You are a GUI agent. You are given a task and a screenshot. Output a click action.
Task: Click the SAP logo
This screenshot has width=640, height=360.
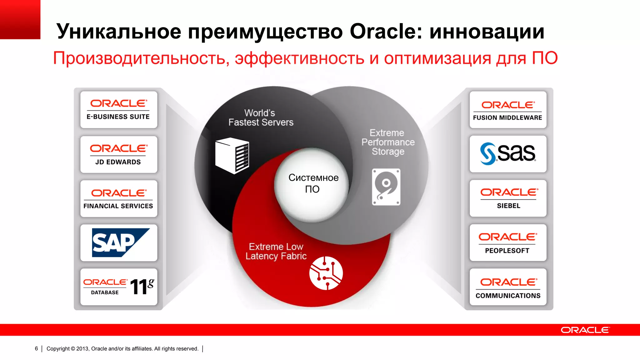coord(119,242)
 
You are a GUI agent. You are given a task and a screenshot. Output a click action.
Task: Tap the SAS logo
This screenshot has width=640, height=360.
coord(508,153)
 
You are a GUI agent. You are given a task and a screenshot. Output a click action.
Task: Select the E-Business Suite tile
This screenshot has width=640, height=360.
coord(119,110)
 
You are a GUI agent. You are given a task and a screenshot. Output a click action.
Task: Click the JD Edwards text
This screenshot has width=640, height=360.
coord(118,162)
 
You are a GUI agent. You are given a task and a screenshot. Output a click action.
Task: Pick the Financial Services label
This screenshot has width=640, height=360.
coord(118,206)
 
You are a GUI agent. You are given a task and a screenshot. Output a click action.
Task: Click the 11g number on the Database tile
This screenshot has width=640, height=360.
coord(142,287)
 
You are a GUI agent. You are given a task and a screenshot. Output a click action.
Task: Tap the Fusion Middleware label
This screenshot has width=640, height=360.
coord(507,118)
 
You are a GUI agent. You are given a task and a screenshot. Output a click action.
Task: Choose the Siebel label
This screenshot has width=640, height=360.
coord(508,206)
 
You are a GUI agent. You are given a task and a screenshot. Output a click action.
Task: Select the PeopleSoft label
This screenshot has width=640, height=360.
coord(507,251)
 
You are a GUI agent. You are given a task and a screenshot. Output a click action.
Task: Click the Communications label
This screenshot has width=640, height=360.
coord(508,296)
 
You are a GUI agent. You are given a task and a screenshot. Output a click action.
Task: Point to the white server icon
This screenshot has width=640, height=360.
coord(232,156)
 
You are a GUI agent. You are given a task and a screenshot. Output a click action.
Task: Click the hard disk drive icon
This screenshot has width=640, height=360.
coord(386,187)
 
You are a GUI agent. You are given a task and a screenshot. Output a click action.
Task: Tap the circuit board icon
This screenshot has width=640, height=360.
coord(326,273)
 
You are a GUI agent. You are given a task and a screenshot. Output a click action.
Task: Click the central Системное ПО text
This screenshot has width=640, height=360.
coord(313,183)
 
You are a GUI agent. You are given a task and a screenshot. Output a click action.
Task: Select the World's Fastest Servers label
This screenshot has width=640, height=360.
coord(261,117)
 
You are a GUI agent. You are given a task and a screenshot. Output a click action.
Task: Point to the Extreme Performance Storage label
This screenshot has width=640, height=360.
coord(388,142)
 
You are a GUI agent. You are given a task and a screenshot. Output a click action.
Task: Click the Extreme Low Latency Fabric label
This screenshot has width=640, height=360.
coord(276,251)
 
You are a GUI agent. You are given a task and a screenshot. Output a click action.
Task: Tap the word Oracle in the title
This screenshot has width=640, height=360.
coord(383,32)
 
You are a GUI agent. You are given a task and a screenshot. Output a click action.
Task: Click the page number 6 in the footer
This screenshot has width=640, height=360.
coord(36,348)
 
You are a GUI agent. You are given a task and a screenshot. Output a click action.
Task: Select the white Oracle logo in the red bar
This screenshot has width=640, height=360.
coord(585,330)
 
